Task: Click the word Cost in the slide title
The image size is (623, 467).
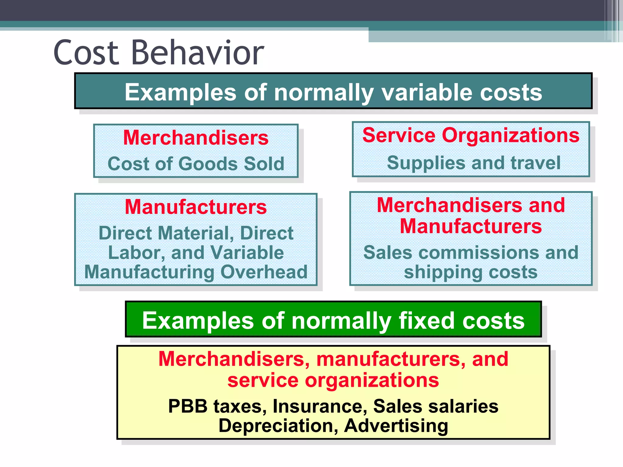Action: [x=86, y=53]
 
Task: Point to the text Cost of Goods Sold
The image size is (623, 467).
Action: [x=196, y=164]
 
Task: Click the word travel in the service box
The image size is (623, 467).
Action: [x=535, y=163]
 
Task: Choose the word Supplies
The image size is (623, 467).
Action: [x=426, y=163]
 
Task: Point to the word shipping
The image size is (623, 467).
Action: [x=443, y=272]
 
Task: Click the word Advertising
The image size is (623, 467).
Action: [x=396, y=426]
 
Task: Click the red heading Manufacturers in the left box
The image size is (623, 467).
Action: [x=196, y=207]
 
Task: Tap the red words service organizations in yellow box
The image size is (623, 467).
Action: [x=333, y=380]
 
